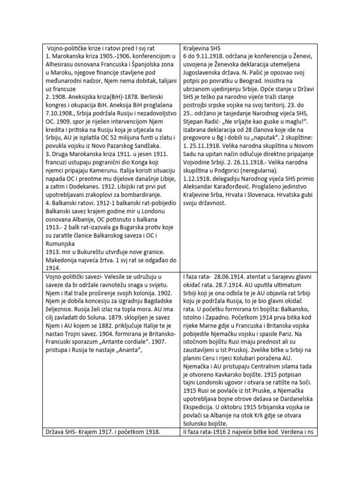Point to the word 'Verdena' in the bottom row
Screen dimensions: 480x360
pos(293,428)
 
